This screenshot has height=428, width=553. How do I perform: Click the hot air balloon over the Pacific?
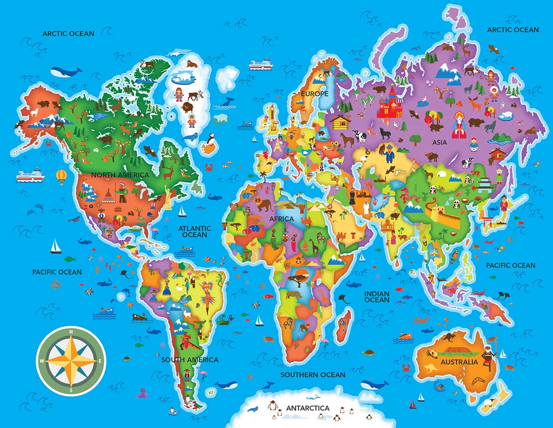(x=61, y=176)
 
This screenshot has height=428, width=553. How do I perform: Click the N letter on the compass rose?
(x=71, y=332)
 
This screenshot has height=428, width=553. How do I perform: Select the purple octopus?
(x=141, y=393)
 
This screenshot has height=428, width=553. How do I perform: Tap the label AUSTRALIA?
(x=459, y=362)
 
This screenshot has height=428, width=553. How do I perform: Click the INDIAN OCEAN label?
(x=377, y=297)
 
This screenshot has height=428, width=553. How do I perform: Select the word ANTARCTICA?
(x=308, y=408)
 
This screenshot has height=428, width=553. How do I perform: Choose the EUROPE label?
(x=314, y=94)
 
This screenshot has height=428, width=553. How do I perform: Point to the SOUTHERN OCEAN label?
(x=313, y=374)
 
